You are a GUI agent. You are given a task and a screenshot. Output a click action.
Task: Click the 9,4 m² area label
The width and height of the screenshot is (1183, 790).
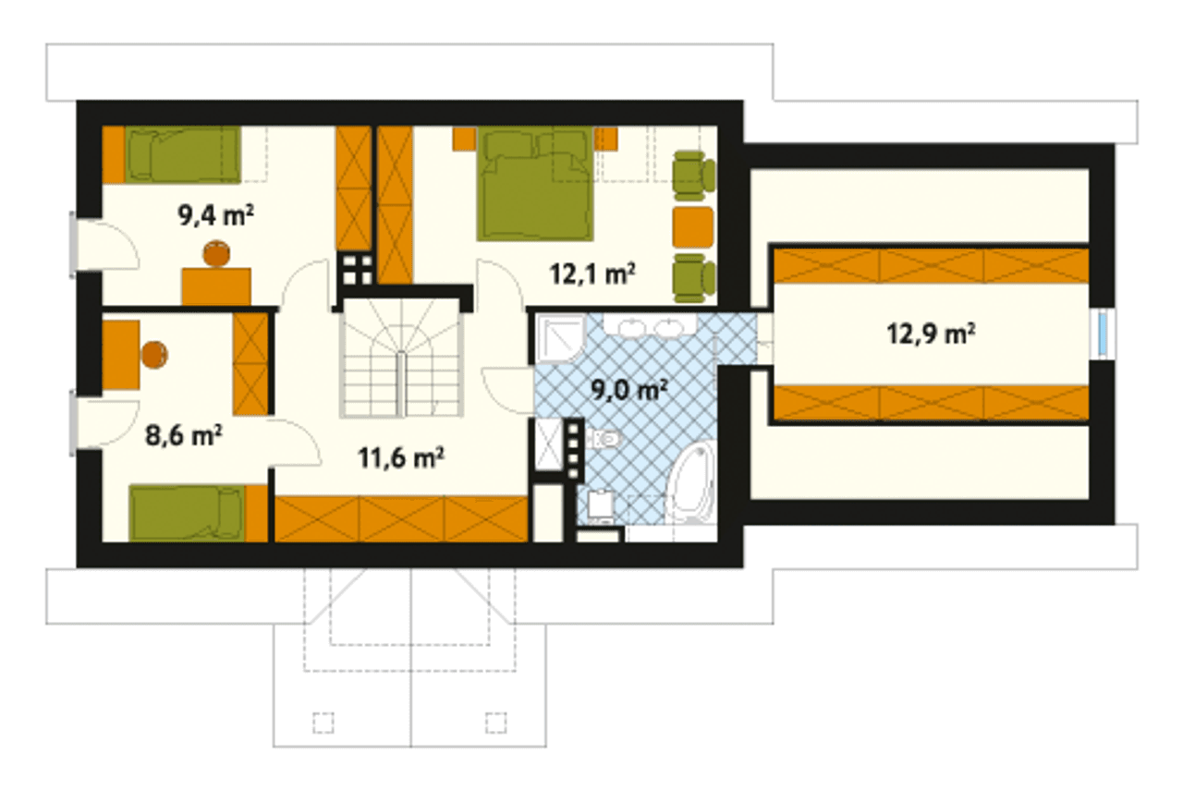216,215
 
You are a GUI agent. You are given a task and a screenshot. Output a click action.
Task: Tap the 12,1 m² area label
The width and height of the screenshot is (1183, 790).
592,273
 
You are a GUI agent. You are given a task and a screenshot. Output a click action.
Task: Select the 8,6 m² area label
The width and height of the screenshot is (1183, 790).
183,436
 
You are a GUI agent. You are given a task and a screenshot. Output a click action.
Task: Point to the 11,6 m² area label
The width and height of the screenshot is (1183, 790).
401,457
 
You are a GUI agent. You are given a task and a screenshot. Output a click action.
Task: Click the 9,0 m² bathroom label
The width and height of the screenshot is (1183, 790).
629,390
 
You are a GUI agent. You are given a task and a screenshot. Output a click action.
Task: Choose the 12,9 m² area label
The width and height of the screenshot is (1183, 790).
931,334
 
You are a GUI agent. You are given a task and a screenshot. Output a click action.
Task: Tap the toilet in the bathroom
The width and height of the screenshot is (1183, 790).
604,438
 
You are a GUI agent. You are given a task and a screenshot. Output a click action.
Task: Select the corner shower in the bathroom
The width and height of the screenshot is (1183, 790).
560,337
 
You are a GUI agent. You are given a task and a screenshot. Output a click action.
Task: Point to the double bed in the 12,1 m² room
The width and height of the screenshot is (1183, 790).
535,184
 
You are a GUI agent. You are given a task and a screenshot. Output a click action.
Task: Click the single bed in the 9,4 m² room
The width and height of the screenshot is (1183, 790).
182,154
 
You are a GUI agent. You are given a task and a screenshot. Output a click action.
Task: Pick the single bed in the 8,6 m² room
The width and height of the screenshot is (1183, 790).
187,514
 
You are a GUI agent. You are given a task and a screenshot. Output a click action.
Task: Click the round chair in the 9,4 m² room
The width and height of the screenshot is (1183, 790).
216,253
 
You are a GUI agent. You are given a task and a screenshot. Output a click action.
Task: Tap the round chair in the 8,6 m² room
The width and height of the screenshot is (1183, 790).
154,355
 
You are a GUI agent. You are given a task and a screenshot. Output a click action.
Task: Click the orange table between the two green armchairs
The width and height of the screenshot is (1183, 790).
693,227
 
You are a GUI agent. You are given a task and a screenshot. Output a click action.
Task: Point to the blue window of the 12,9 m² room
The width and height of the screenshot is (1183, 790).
1103,334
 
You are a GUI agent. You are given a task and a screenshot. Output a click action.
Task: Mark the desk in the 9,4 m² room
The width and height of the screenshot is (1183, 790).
216,286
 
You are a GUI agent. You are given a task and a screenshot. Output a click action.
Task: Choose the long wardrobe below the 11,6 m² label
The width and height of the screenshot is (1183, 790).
401,519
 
